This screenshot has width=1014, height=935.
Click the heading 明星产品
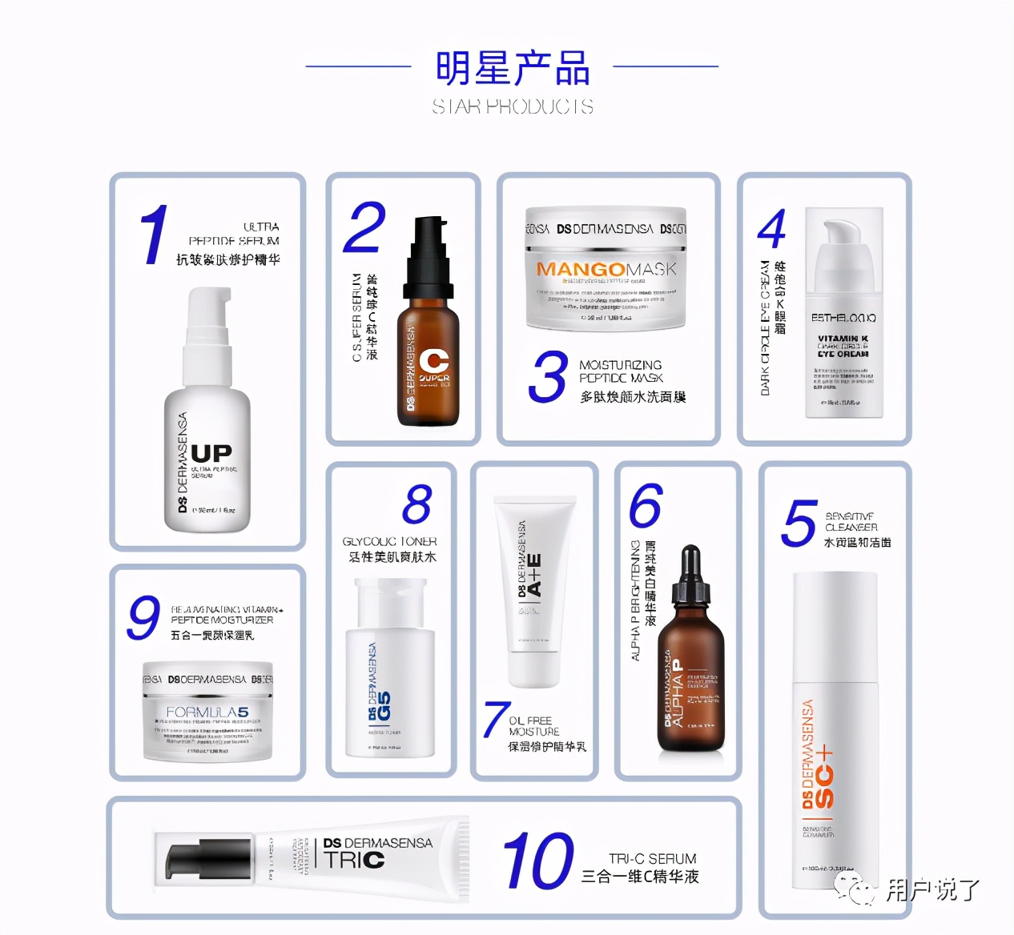513,68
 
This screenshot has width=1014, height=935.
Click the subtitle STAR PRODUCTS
513,106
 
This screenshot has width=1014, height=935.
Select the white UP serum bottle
207,416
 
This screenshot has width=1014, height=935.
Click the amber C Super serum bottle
429,336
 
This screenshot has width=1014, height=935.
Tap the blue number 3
549,377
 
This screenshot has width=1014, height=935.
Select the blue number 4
772,230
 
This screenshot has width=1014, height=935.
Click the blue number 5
799,524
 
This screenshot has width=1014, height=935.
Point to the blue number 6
646,505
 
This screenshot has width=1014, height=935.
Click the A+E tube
535,592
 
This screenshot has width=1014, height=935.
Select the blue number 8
417,504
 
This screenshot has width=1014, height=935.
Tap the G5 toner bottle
390,672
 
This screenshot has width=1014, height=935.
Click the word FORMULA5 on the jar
207,712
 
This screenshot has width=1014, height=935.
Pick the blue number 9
144,618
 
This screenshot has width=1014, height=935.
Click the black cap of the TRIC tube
197,860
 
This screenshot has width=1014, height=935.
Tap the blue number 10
538,861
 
